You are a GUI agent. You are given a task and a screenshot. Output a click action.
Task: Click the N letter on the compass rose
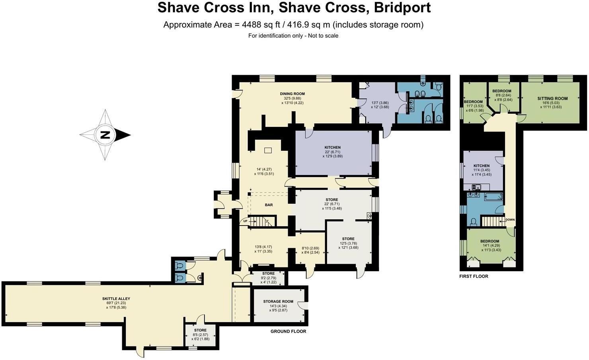click(x=105, y=135)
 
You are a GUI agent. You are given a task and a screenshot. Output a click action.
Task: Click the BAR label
click(x=269, y=205)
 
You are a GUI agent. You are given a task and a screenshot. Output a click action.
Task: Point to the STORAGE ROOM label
click(x=278, y=302)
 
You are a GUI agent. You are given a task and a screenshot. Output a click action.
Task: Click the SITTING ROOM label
click(x=552, y=99)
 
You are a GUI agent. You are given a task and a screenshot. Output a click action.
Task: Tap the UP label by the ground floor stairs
click(x=245, y=221)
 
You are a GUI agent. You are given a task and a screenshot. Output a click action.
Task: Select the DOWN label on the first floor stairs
click(x=510, y=220)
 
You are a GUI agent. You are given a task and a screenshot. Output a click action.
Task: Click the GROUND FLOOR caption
click(x=288, y=331)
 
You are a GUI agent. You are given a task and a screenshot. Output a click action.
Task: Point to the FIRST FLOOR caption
click(x=474, y=276)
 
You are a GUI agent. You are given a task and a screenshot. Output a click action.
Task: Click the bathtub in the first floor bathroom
click(x=493, y=197)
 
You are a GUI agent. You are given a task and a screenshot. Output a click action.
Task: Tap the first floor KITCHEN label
click(x=482, y=166)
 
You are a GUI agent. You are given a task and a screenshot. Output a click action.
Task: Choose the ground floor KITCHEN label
click(x=333, y=148)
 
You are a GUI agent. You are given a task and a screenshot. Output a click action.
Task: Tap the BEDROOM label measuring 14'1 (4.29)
click(x=490, y=241)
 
